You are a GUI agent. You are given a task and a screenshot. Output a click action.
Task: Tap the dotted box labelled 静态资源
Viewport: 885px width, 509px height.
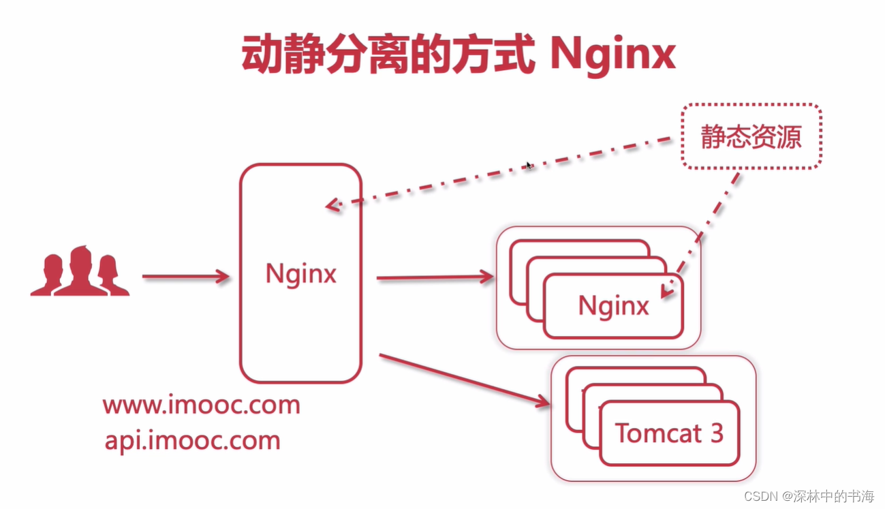pyautogui.click(x=751, y=137)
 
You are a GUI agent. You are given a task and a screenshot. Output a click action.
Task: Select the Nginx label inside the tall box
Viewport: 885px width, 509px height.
pyautogui.click(x=300, y=274)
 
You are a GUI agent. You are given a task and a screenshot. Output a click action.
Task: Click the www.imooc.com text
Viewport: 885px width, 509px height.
pyautogui.click(x=202, y=405)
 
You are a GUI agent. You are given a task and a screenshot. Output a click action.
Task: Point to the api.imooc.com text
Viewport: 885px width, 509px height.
pyautogui.click(x=192, y=440)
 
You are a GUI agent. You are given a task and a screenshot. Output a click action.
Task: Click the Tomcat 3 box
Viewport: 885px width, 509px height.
pyautogui.click(x=669, y=433)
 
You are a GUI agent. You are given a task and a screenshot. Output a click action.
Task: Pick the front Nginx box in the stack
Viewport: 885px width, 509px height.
pyautogui.click(x=613, y=306)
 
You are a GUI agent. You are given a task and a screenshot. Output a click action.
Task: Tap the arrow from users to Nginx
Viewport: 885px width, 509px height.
pyautogui.click(x=185, y=276)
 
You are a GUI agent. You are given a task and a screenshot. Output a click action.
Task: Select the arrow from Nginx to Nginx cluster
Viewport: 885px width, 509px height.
pyautogui.click(x=435, y=277)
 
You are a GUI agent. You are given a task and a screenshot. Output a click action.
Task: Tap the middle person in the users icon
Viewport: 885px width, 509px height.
pyautogui.click(x=80, y=271)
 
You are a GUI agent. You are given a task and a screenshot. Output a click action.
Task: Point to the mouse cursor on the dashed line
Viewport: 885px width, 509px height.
pyautogui.click(x=529, y=165)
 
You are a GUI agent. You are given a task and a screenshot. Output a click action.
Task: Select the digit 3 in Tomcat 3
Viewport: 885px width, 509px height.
pyautogui.click(x=715, y=433)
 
